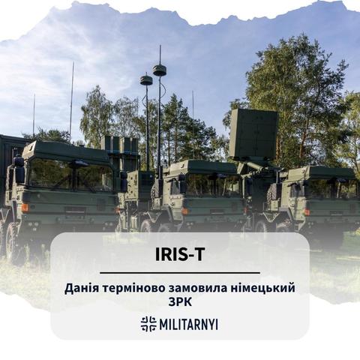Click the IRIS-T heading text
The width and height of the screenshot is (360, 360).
coord(180,254)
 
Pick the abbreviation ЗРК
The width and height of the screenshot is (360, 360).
coord(180,302)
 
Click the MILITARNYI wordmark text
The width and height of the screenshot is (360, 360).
coord(188,324)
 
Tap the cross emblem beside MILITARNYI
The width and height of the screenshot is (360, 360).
coord(148,324)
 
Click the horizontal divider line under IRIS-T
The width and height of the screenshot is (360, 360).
coord(180,273)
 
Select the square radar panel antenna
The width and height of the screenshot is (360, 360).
coord(253,135)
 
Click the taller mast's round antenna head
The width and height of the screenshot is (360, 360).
coord(160,70)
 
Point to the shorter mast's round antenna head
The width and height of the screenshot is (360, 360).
coord(146,79)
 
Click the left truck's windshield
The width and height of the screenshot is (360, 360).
coord(72,175)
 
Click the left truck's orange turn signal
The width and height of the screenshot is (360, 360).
coord(25,208)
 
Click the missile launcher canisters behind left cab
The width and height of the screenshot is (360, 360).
coord(121,145)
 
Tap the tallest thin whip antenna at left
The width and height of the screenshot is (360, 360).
coord(71,102)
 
